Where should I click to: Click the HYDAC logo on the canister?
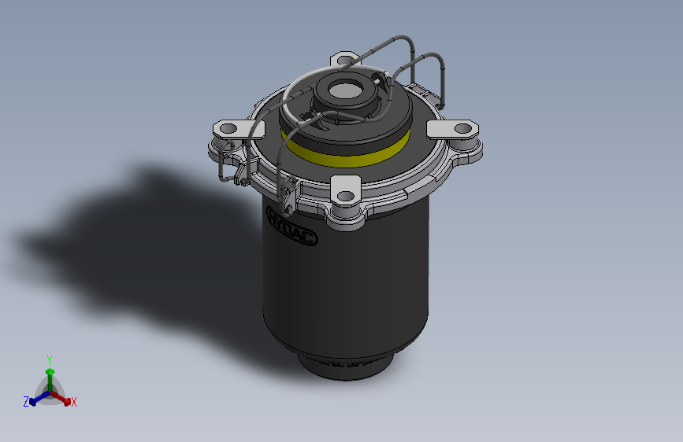[x=292, y=226]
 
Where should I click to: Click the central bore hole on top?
[x=345, y=91]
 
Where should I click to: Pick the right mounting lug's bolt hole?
[x=463, y=127]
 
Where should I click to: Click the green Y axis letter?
[x=50, y=359]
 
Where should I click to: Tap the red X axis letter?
[x=74, y=402]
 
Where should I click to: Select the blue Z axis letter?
[x=26, y=401]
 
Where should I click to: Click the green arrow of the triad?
[x=50, y=373]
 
